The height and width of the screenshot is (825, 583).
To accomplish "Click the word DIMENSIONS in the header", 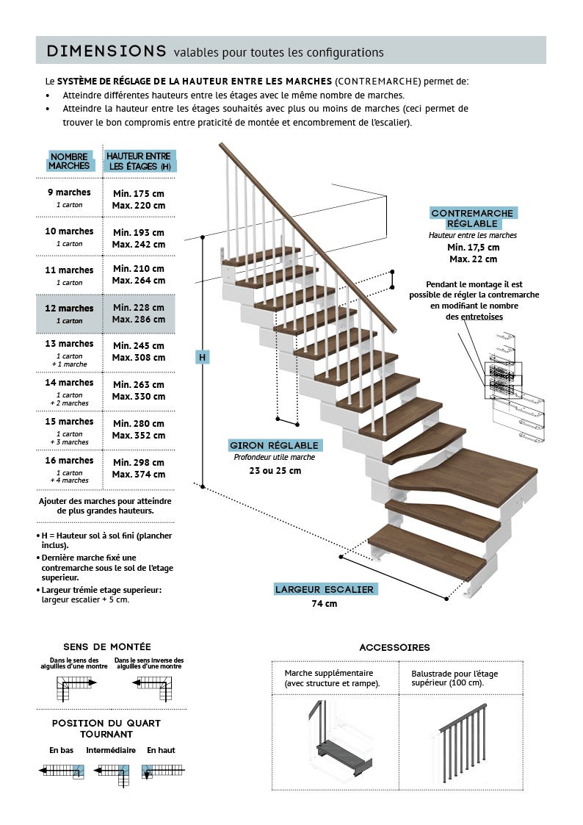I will point(106,51).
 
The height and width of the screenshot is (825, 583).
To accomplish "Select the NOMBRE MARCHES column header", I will point(69,161).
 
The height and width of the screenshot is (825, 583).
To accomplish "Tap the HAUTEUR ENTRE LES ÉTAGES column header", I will point(139,161).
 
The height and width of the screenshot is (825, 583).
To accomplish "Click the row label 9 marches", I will point(70,192).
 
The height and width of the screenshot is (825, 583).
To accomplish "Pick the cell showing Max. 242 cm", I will point(139,244).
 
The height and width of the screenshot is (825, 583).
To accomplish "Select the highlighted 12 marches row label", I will point(70,309).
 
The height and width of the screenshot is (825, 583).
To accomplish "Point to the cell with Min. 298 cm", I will point(139,462).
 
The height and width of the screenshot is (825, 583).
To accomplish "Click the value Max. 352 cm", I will point(139,435).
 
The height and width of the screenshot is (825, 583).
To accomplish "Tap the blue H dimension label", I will point(203,357).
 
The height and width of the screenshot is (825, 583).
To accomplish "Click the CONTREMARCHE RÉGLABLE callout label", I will point(474,218).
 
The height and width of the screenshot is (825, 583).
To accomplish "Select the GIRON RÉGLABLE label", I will point(274,445).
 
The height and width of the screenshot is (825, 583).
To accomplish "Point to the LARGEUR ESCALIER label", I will point(325,589).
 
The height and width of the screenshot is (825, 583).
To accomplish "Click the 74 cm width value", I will point(325,604).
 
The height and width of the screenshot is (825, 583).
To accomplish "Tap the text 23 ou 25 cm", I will point(275,470).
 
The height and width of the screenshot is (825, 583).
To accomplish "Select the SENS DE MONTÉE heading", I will point(107,646).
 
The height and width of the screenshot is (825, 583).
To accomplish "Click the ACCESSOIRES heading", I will point(394,647).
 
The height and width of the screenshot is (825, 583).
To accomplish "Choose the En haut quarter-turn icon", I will point(163,771).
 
